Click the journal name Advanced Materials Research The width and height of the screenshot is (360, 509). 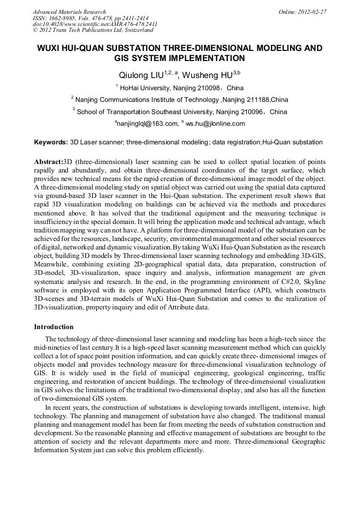69,12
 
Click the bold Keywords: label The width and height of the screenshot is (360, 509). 51,142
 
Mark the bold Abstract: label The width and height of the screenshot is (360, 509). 48,161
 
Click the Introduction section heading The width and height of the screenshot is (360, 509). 54,326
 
